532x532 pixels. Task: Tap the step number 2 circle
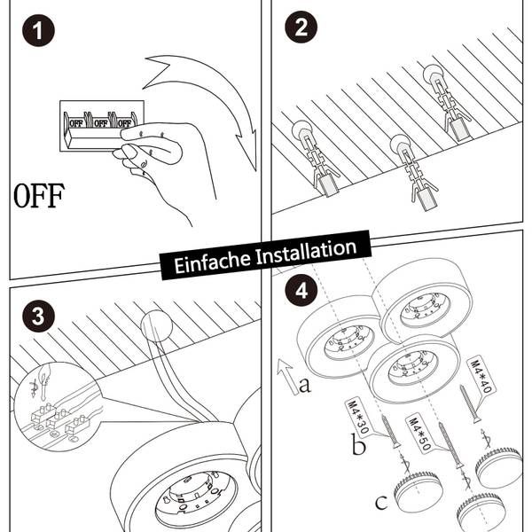pyautogui.click(x=301, y=27)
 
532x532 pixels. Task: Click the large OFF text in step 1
pyautogui.click(x=39, y=195)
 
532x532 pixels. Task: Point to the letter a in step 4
pyautogui.click(x=304, y=384)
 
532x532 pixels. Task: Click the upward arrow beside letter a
pyautogui.click(x=286, y=376)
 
